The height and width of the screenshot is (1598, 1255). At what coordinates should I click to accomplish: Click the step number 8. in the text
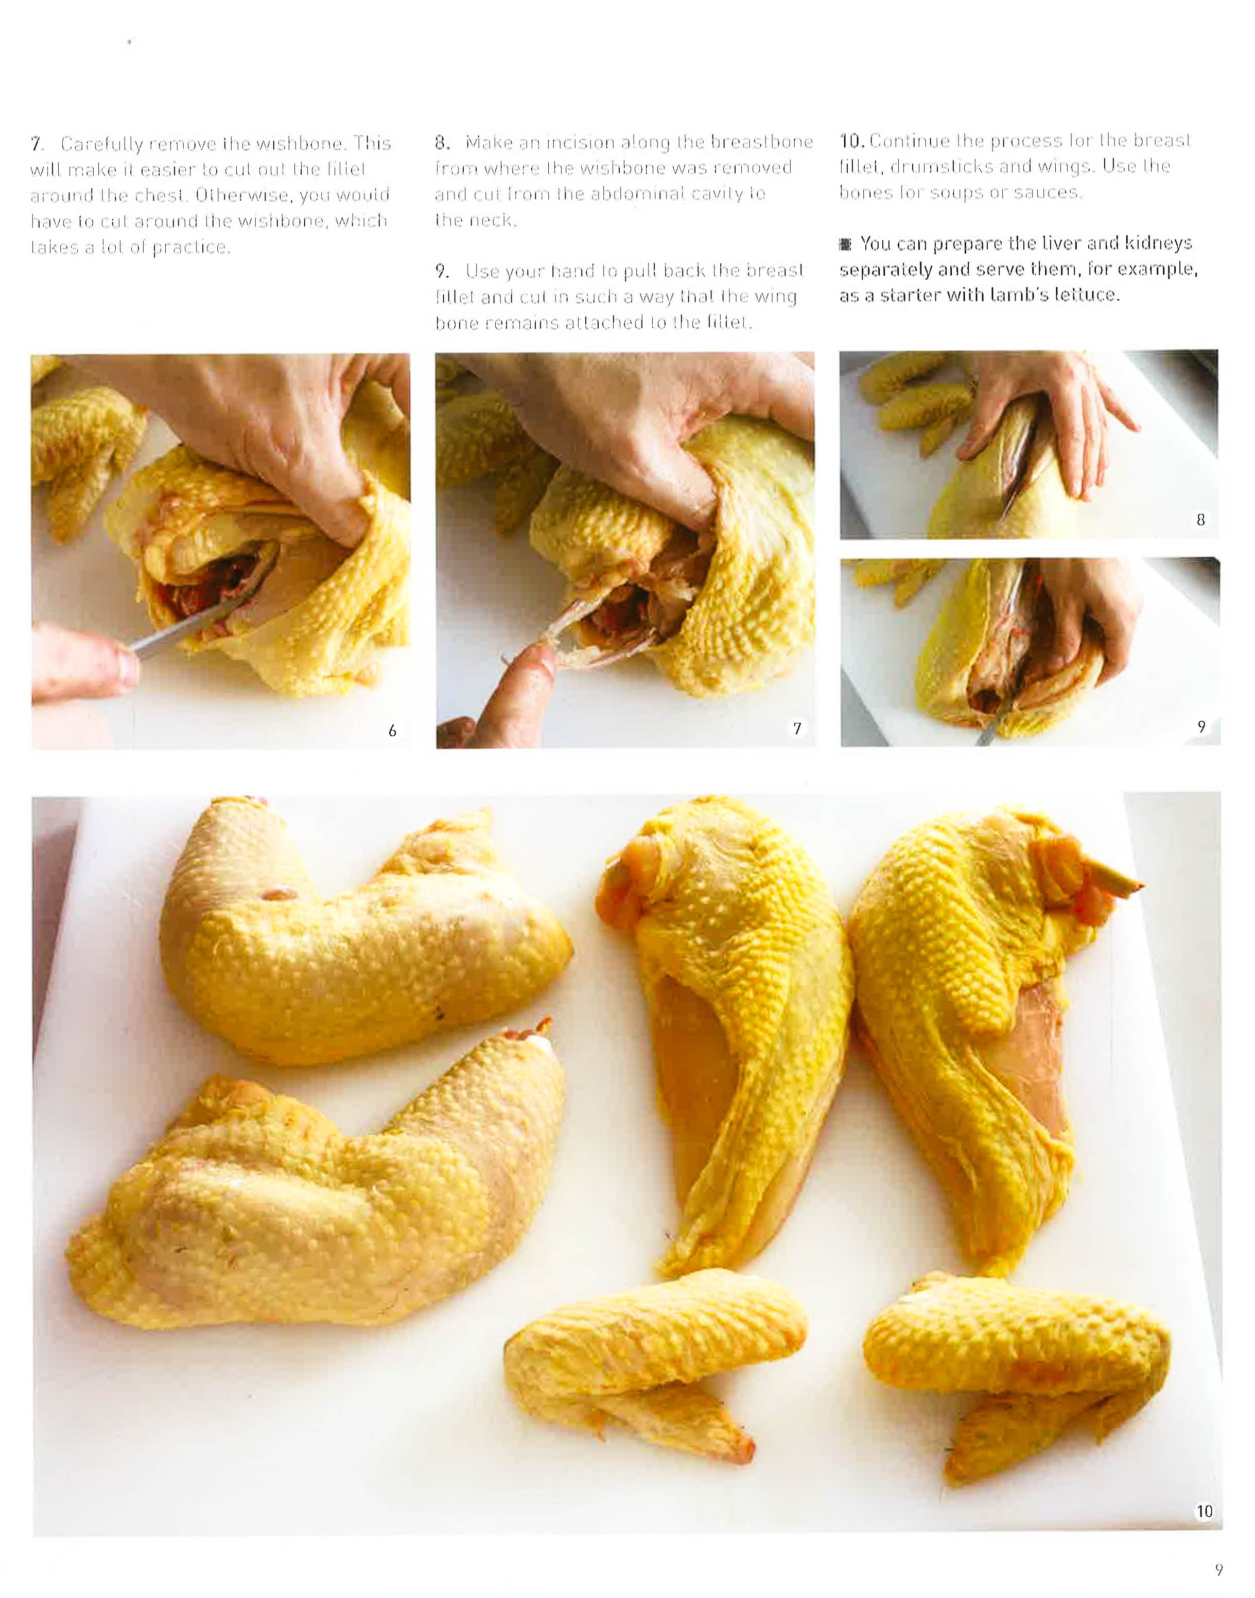[x=442, y=141]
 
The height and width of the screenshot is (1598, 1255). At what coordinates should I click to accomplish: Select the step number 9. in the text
[x=442, y=272]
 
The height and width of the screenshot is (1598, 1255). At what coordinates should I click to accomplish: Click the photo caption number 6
[x=392, y=730]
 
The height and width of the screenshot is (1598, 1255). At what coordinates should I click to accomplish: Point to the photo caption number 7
[x=796, y=729]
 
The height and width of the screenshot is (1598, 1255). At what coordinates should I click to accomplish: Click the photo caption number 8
[x=1200, y=520]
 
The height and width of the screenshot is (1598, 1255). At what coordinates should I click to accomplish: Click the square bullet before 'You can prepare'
[x=846, y=244]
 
